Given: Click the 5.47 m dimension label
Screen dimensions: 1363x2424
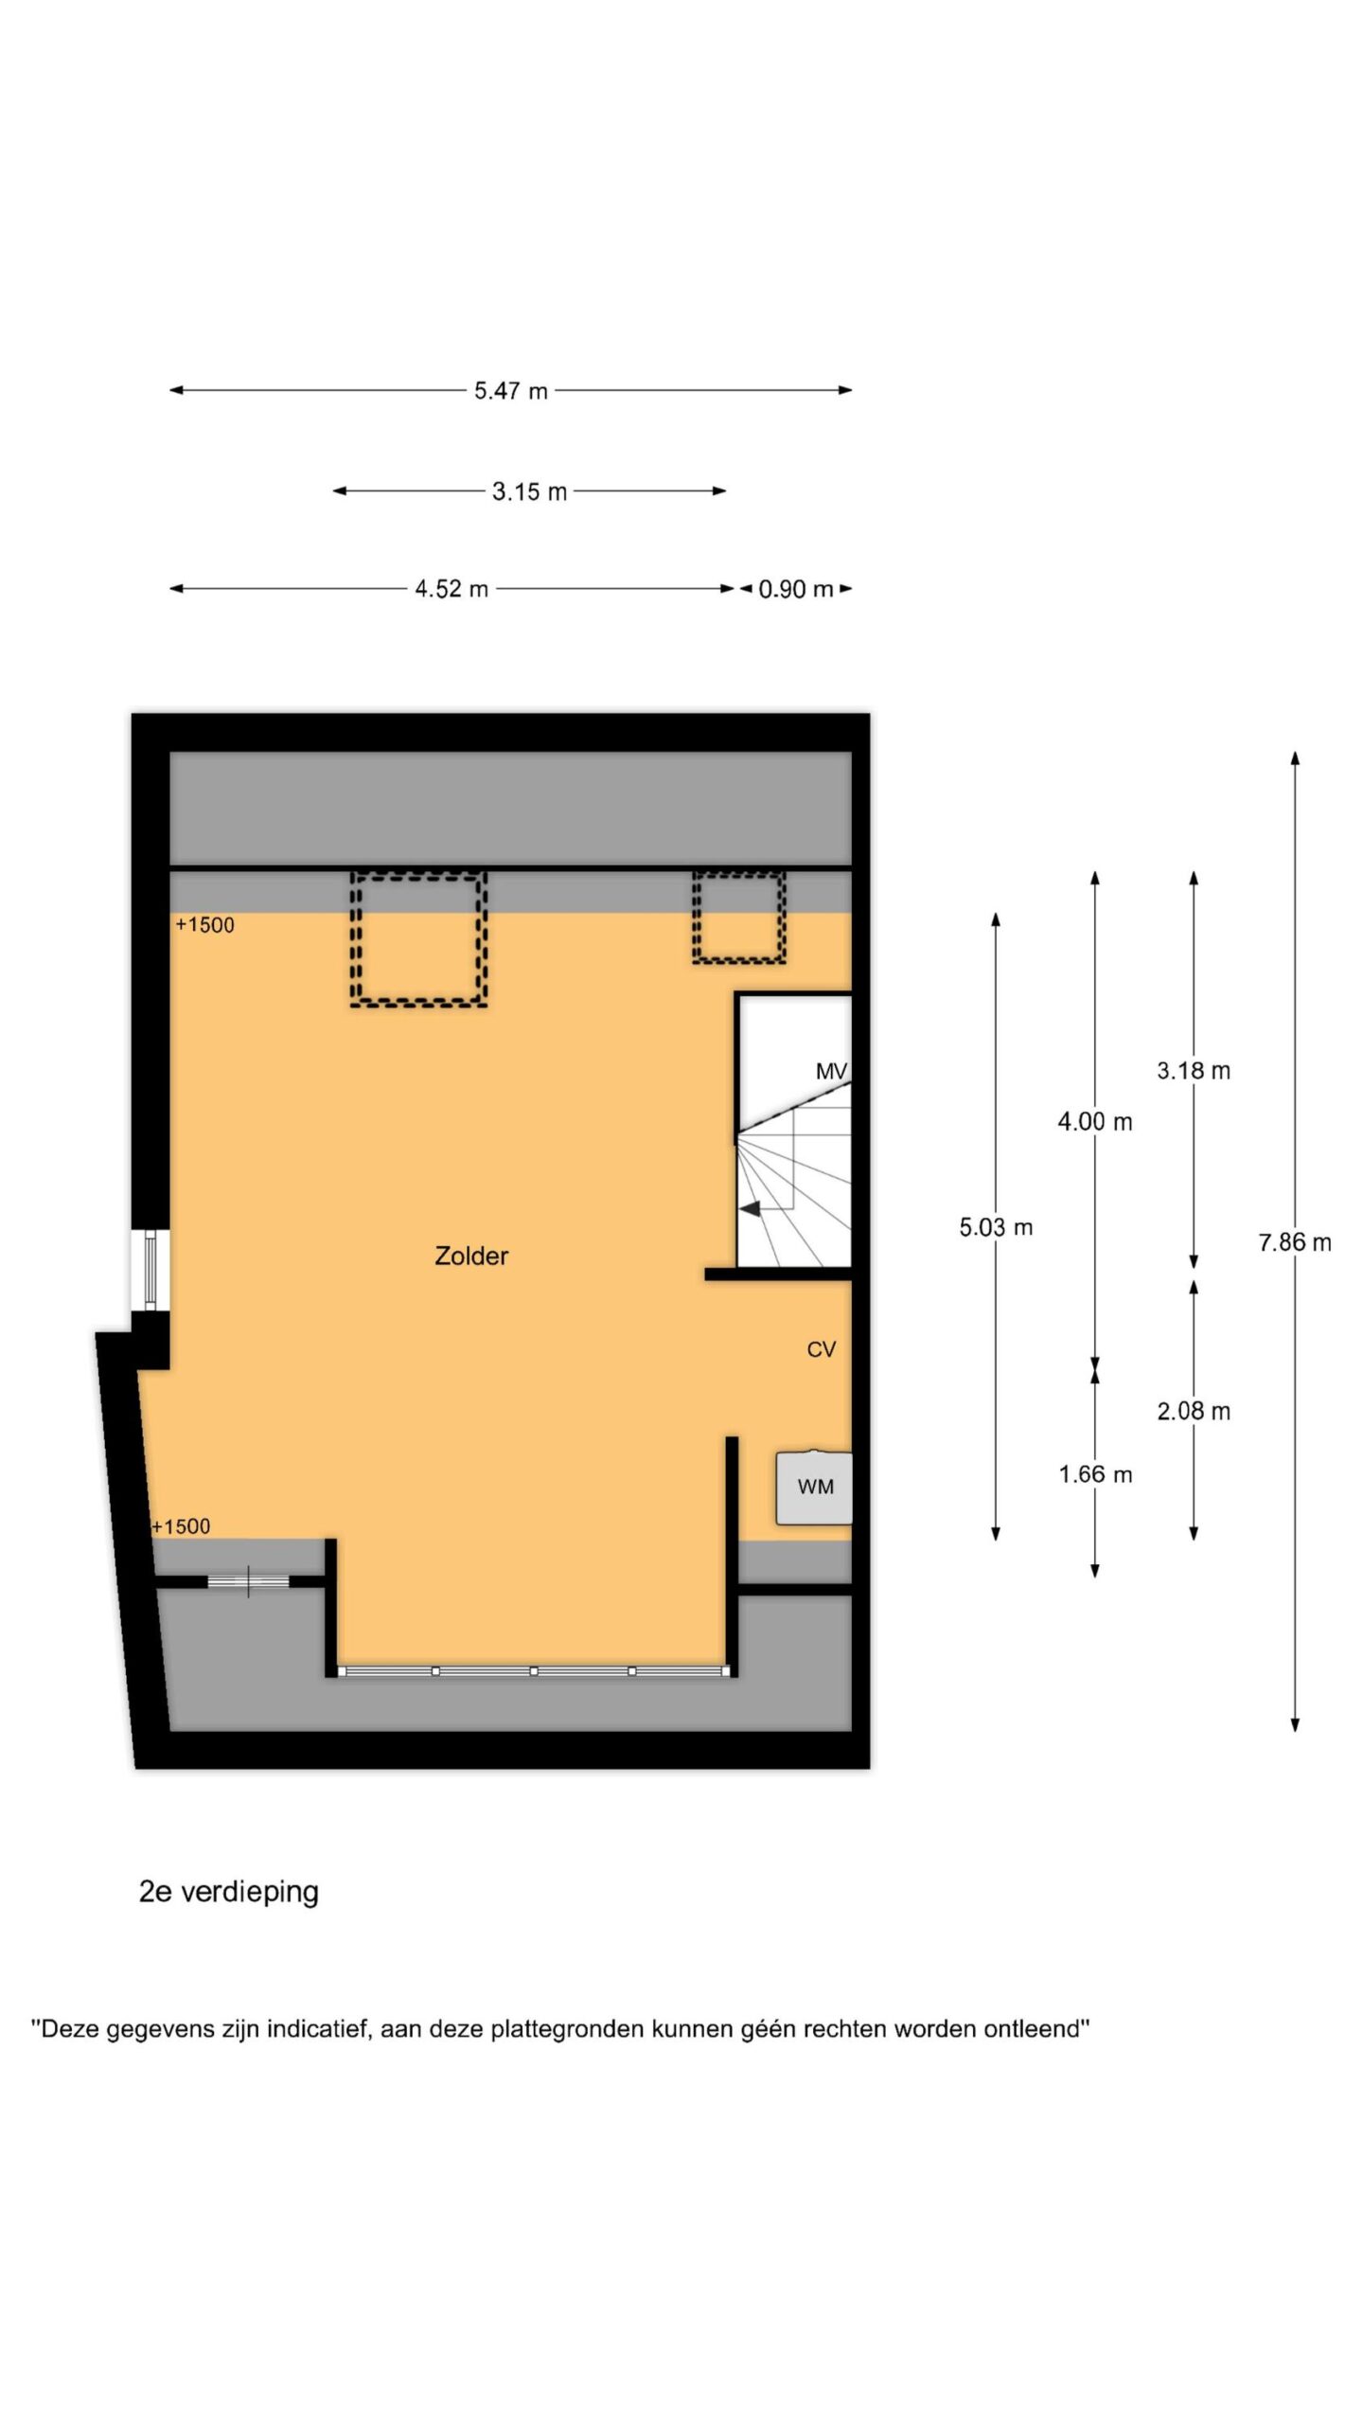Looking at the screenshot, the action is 511,390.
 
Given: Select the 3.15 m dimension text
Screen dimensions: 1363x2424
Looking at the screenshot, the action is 529,491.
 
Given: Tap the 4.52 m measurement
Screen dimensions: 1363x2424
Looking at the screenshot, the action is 451,589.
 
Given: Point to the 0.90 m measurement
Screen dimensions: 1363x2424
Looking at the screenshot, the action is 796,589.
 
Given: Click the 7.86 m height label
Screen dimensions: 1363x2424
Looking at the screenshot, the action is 1295,1242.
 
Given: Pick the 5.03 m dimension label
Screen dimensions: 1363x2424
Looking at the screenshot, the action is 996,1227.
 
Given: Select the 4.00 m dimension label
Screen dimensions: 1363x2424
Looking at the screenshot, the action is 1095,1122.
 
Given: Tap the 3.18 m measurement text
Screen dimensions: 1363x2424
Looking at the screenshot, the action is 1194,1071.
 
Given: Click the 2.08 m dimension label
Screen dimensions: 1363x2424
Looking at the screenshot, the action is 1194,1411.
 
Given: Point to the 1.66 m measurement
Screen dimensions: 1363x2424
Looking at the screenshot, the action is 1095,1474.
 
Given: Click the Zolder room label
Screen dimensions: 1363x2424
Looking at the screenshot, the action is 471,1256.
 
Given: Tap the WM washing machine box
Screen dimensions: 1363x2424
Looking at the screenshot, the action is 814,1488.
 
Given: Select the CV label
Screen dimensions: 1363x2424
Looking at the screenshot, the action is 821,1349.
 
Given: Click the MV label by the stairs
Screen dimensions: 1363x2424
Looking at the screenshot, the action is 831,1071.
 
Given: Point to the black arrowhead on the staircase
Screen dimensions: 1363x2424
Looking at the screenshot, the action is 750,1209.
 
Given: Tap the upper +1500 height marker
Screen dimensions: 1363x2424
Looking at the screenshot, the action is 204,925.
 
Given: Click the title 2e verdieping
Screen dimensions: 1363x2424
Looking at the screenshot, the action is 229,1891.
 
